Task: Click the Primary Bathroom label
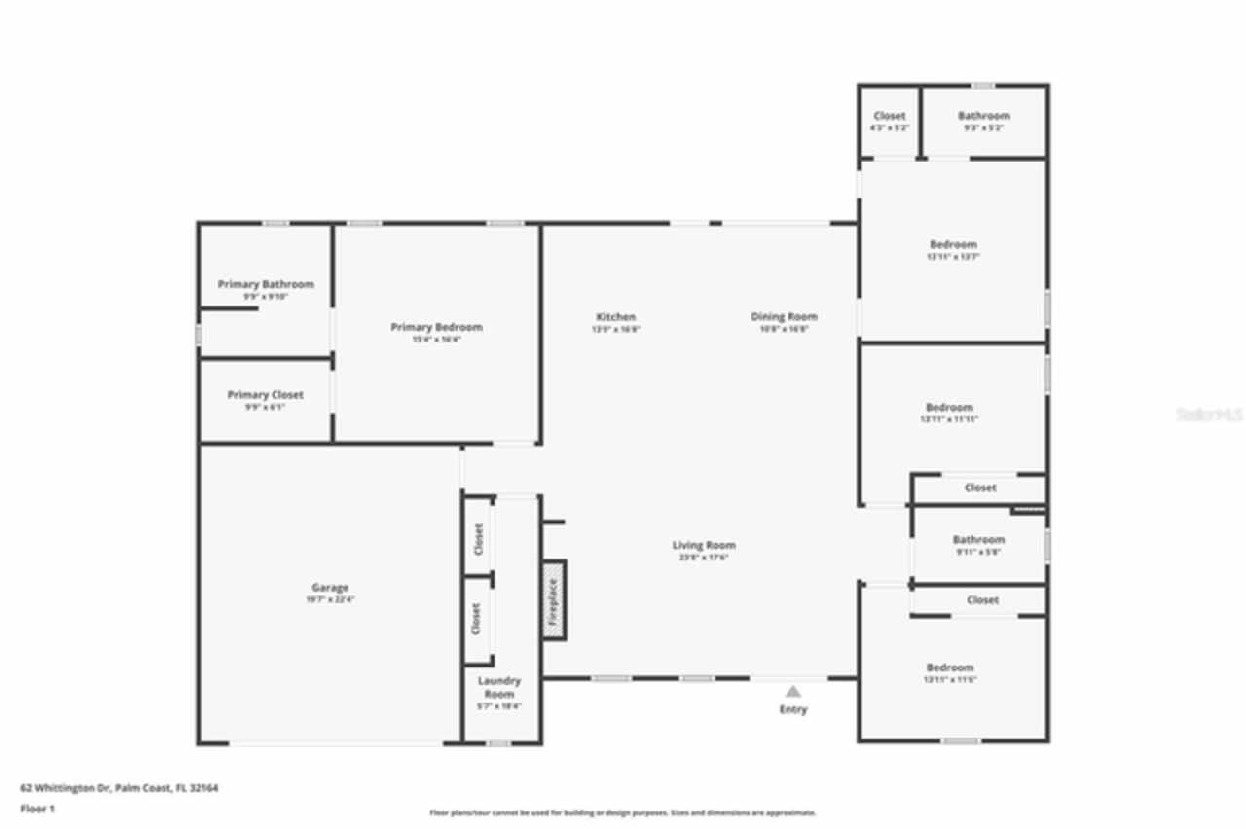266,284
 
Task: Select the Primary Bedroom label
436,327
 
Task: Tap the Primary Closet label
265,395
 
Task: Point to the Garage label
330,588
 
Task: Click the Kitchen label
615,317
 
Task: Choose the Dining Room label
784,316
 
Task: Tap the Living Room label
704,545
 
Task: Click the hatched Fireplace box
554,600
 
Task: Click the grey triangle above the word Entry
793,692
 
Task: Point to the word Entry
793,710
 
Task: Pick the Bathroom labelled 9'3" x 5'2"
983,116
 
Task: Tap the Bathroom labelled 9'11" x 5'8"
978,540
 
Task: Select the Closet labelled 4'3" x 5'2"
889,116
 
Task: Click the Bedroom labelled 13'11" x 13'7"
952,244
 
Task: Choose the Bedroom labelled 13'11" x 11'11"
949,407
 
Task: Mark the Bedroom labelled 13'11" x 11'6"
949,667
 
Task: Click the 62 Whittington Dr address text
120,788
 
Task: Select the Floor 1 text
37,809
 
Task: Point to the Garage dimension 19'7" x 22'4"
330,600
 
